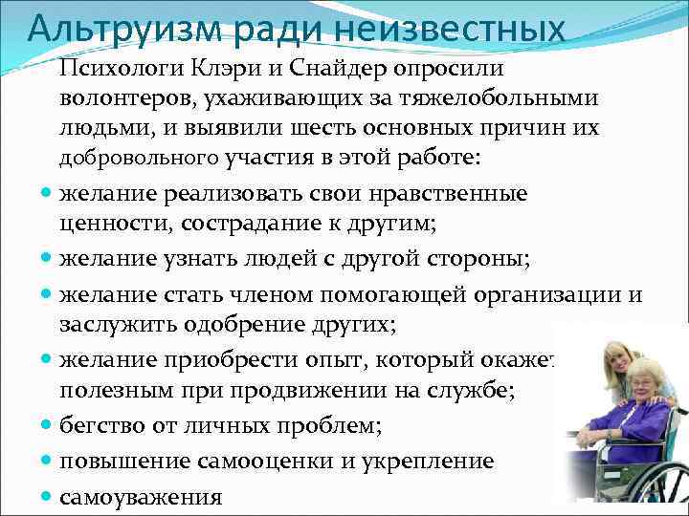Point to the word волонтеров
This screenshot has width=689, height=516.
tap(120, 98)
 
